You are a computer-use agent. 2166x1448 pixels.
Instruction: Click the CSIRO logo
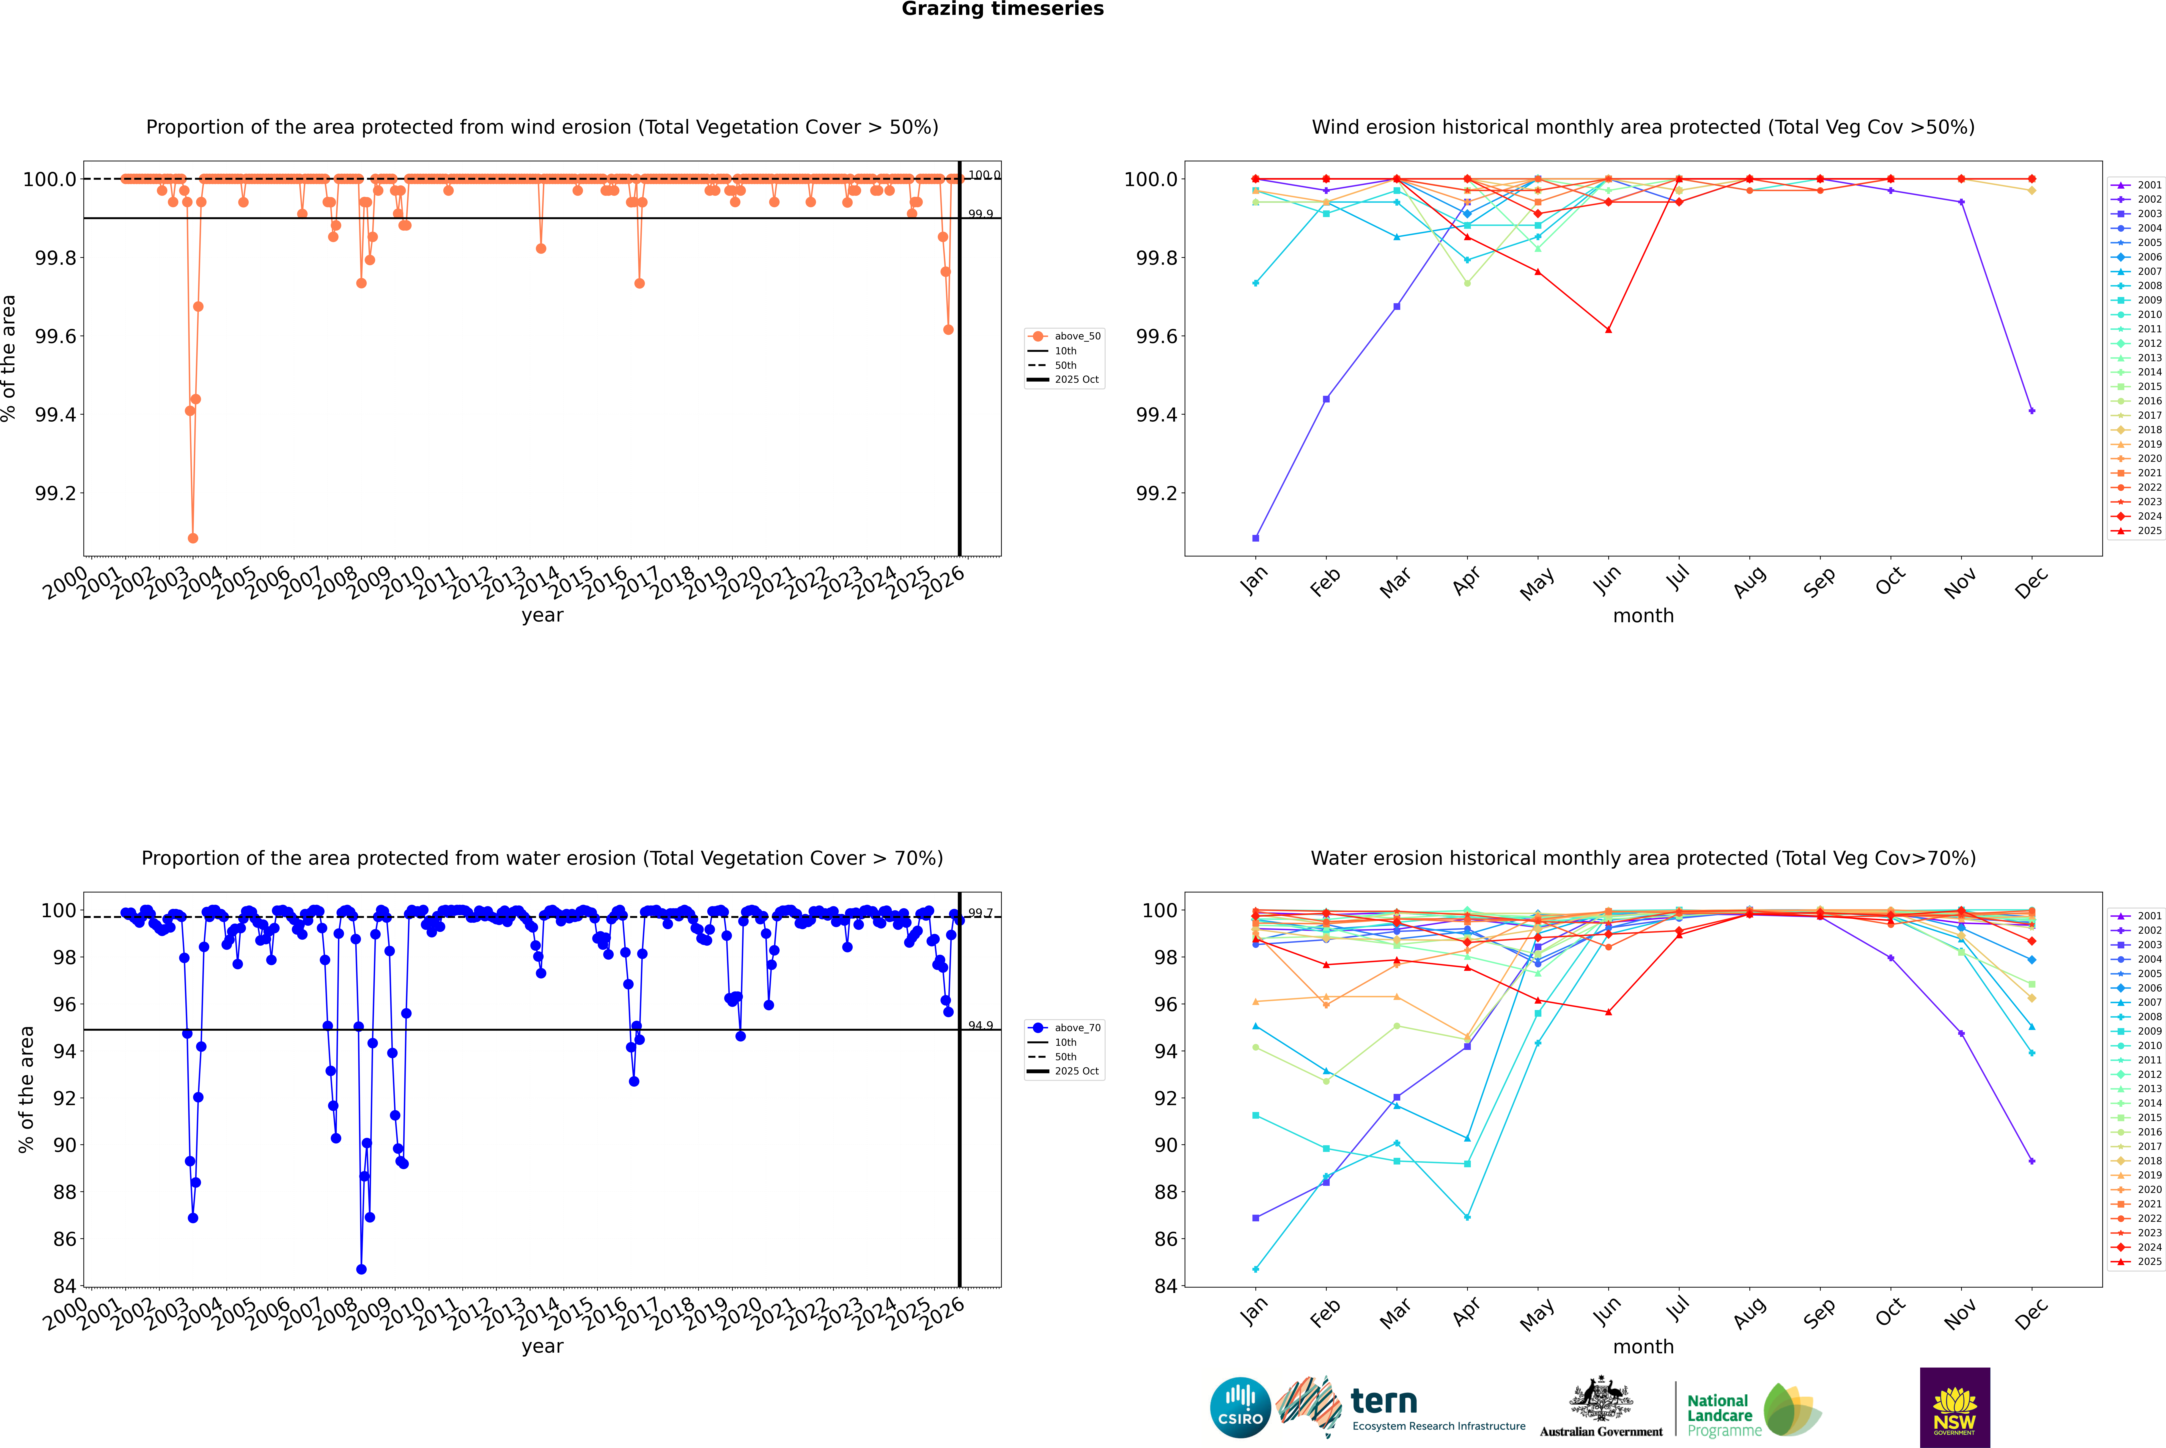tap(1240, 1407)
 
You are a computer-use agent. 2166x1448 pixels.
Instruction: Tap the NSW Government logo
tap(1955, 1407)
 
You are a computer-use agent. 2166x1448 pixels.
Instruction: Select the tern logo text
tap(1383, 1402)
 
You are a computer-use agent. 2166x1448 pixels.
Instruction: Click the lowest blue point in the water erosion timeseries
tap(361, 1269)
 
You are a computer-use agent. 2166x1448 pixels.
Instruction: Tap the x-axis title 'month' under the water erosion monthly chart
tap(1642, 1346)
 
